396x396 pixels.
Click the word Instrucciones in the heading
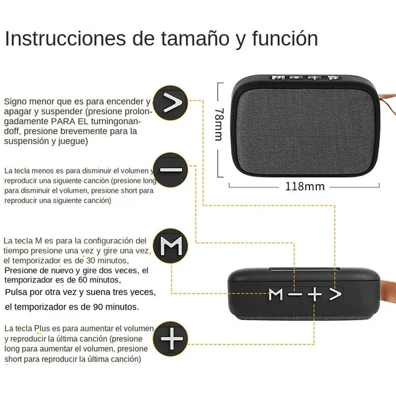tap(63, 38)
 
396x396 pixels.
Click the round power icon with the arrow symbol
tap(170, 102)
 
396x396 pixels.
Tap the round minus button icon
tap(170, 170)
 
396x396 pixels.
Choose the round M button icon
tap(170, 247)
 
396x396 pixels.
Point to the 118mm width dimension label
tap(304, 186)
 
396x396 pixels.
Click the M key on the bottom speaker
tap(275, 294)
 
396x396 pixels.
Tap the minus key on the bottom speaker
tap(294, 294)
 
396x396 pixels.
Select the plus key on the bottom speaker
tap(315, 294)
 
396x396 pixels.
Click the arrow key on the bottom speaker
tap(335, 294)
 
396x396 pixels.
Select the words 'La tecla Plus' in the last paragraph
tap(30, 328)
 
